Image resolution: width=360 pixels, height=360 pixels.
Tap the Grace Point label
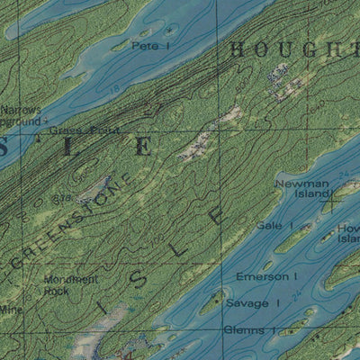pyautogui.click(x=71, y=130)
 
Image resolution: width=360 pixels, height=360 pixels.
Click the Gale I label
pyautogui.click(x=270, y=226)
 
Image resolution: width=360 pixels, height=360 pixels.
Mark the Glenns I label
pyautogui.click(x=244, y=330)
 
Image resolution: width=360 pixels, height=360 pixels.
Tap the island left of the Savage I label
pyautogui.click(x=212, y=302)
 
